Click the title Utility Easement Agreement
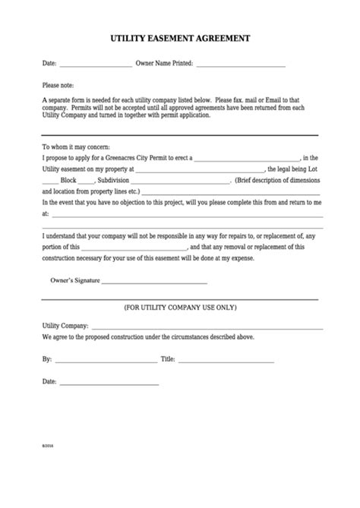pos(180,36)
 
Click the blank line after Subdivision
pos(184,182)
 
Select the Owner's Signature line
pos(154,282)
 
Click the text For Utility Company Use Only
pos(180,308)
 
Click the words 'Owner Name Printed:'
pos(164,65)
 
